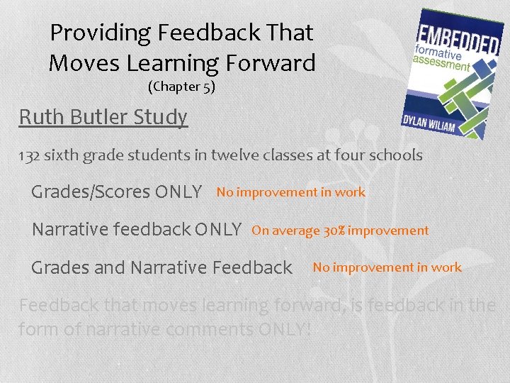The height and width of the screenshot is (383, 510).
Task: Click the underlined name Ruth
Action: pyautogui.click(x=40, y=116)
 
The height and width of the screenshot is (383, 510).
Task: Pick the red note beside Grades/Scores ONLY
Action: pyautogui.click(x=290, y=192)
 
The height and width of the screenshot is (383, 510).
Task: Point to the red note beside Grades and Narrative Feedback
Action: pyautogui.click(x=387, y=267)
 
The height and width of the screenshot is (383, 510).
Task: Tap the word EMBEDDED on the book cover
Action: pyautogui.click(x=458, y=39)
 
